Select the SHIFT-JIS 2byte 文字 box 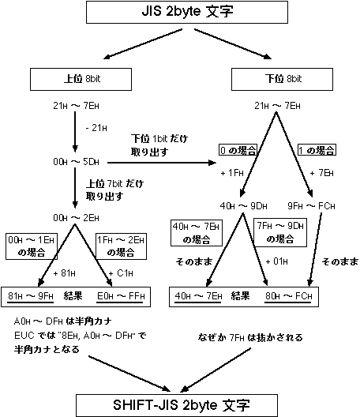coord(180,404)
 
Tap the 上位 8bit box coord(72,79)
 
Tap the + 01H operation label coord(278,261)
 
